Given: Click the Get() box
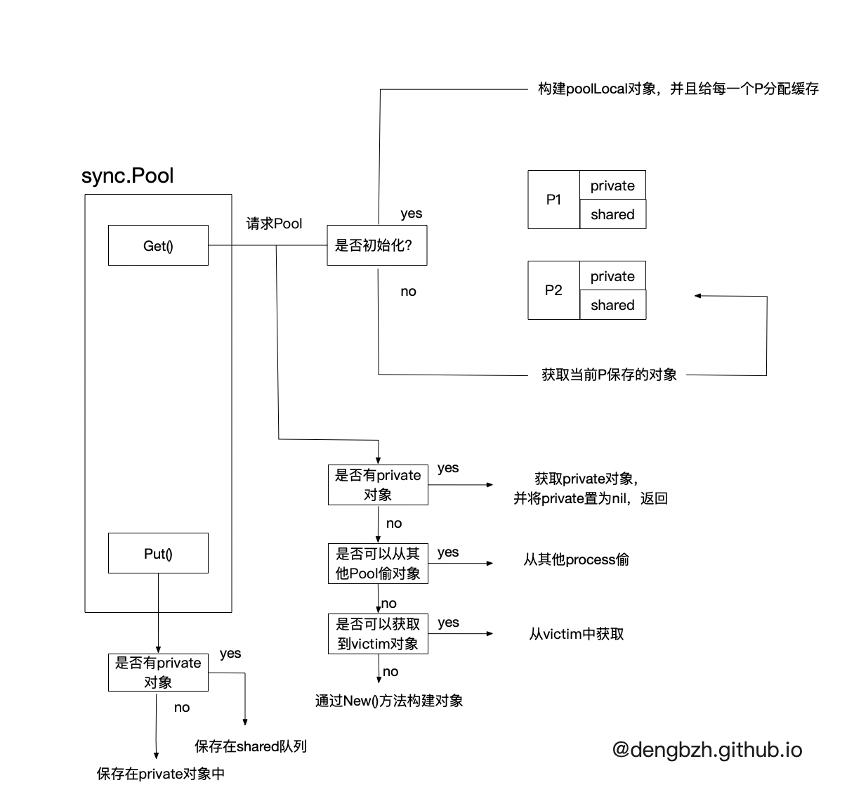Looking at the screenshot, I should click(158, 245).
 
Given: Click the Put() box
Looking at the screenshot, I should click(158, 553).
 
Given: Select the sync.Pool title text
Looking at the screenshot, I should click(127, 176).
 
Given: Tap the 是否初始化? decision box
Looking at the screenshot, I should click(376, 245).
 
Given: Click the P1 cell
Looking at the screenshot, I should click(553, 200).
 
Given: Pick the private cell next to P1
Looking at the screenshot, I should click(612, 186).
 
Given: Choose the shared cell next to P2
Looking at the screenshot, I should click(612, 305).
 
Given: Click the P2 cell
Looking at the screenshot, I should click(553, 290).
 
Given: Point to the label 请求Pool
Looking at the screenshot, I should click(274, 223).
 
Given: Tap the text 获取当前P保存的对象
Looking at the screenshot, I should click(609, 375).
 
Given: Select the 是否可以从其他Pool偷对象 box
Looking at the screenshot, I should click(378, 564).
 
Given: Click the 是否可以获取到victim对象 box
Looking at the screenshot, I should click(378, 634).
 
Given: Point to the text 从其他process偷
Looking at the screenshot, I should click(576, 559).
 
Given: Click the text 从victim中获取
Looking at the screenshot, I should click(576, 634).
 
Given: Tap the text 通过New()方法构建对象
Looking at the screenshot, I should click(389, 701).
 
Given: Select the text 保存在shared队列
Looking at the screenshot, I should click(251, 746).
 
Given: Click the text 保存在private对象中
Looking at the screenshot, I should click(161, 774).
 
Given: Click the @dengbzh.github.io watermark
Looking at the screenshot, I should click(707, 750).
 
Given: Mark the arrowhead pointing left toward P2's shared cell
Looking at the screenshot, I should click(698, 296).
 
